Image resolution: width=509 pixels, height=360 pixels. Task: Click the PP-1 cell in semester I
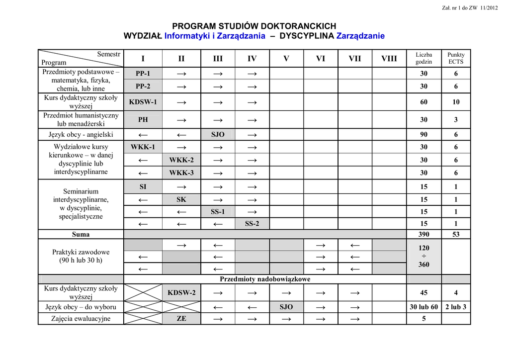pyautogui.click(x=143, y=74)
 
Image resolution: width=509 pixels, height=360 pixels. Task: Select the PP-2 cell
pyautogui.click(x=143, y=86)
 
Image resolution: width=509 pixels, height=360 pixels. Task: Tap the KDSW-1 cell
pyautogui.click(x=143, y=102)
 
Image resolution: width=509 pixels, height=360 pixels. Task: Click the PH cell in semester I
pyautogui.click(x=143, y=120)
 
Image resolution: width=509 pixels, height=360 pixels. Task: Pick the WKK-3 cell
pyautogui.click(x=181, y=173)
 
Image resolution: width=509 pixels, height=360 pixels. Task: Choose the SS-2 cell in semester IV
pyautogui.click(x=252, y=224)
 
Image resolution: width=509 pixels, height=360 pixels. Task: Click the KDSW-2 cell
pyautogui.click(x=181, y=293)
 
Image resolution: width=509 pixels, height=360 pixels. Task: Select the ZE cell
pyautogui.click(x=181, y=319)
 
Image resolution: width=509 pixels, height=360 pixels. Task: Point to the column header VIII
pyautogui.click(x=389, y=59)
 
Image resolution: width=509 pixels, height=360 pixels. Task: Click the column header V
pyautogui.click(x=286, y=59)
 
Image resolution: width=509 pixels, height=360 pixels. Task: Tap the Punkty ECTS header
pyautogui.click(x=456, y=58)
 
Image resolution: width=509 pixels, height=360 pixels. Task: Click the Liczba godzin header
pyautogui.click(x=424, y=58)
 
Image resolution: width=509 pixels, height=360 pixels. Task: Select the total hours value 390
pyautogui.click(x=424, y=234)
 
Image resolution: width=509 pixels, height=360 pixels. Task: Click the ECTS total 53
pyautogui.click(x=456, y=234)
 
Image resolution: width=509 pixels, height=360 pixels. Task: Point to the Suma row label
pyautogui.click(x=81, y=234)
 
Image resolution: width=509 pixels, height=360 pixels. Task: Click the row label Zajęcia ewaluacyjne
pyautogui.click(x=81, y=319)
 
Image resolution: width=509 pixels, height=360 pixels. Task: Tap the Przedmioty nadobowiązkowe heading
pyautogui.click(x=265, y=279)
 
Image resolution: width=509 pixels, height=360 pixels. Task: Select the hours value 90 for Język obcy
pyautogui.click(x=424, y=135)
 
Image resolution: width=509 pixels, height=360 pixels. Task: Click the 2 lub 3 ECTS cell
pyautogui.click(x=456, y=307)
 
